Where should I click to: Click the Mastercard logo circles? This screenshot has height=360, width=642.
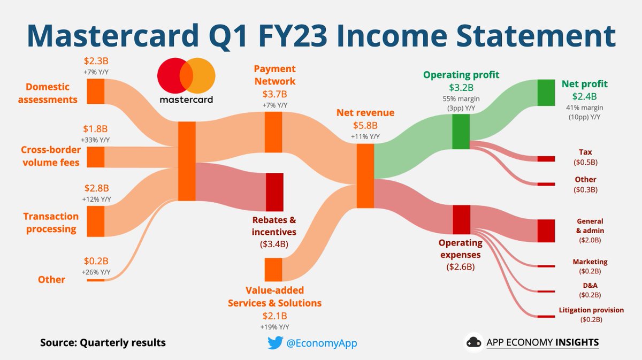tap(186, 75)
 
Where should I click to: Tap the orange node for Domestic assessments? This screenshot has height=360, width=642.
tap(96, 91)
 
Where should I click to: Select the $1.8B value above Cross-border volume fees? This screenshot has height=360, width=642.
tap(96, 129)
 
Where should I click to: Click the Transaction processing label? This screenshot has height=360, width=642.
tap(50, 223)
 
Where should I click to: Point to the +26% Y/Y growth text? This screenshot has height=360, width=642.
tap(96, 272)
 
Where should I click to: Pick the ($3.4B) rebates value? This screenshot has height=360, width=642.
tap(274, 245)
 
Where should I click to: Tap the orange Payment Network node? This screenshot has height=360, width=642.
tap(273, 132)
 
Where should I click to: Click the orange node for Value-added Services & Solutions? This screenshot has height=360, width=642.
tap(273, 269)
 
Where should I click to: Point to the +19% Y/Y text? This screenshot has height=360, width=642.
tap(274, 326)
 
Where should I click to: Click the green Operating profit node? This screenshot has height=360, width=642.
tap(460, 132)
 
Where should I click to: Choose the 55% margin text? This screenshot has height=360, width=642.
tap(461, 98)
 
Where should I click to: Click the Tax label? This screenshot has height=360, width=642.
tap(585, 152)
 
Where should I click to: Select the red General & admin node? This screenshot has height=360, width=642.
tap(546, 231)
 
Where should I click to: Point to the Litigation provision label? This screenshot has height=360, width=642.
tap(591, 310)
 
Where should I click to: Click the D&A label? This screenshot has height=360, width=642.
tap(590, 286)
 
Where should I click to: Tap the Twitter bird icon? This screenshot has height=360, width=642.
tap(274, 343)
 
